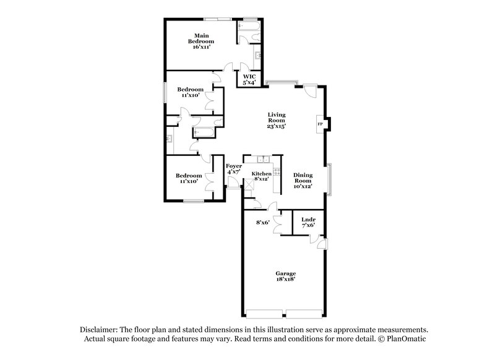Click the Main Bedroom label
point(200,38)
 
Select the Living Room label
point(276,118)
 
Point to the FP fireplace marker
point(320,124)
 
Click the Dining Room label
point(303,178)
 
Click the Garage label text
point(286,273)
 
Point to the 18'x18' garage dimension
point(286,280)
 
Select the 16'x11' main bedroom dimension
point(201,47)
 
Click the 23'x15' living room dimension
point(276,126)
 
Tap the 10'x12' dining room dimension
point(303,186)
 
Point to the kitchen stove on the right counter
point(275,172)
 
